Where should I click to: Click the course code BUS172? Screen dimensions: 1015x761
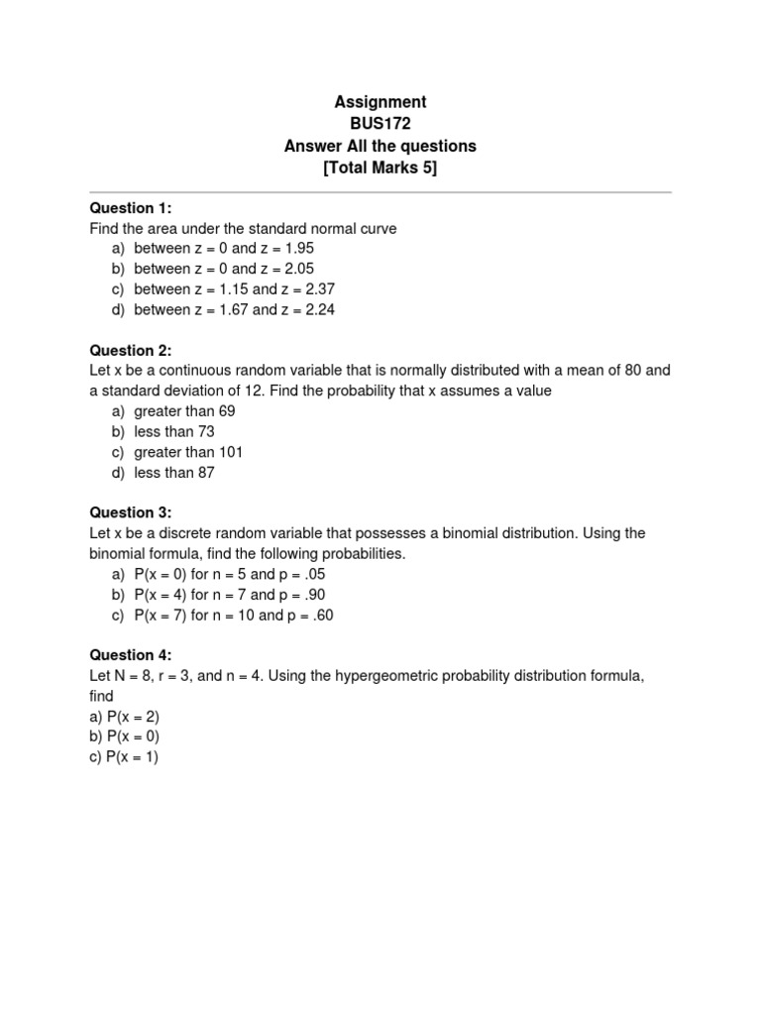(380, 124)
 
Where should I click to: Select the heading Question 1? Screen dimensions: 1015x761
(131, 207)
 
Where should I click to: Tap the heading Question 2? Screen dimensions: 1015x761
(131, 350)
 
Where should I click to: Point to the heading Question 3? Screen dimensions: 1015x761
(131, 512)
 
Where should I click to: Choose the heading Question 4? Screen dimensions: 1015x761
(131, 655)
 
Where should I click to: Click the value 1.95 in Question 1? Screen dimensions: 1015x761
(298, 249)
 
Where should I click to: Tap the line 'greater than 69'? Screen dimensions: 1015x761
(184, 411)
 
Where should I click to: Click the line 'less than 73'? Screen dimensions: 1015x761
(174, 432)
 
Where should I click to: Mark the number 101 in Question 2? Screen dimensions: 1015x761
(230, 452)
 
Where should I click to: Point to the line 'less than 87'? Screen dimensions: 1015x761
(174, 473)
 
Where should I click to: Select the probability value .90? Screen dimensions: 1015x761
(310, 595)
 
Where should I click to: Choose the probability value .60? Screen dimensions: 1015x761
(318, 616)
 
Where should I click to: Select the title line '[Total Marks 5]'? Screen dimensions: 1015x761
(380, 168)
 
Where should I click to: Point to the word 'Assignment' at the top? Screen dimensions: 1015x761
(380, 102)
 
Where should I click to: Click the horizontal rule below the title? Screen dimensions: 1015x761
(380, 192)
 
